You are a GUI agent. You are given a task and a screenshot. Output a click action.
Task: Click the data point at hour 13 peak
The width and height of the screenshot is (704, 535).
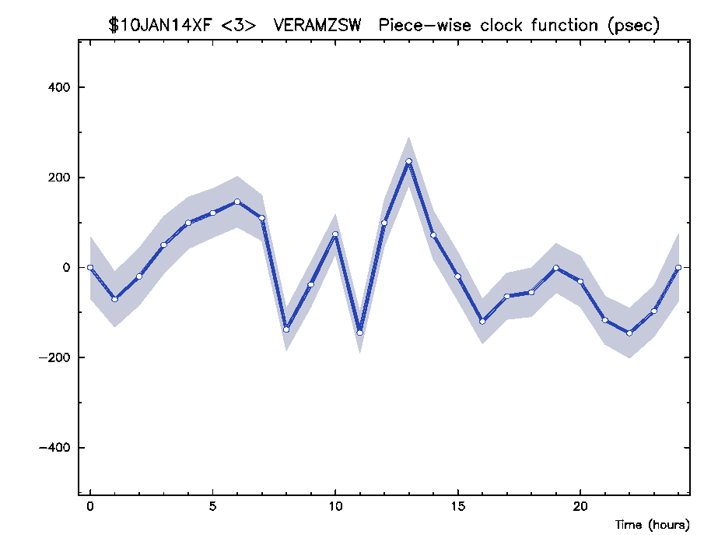coord(408,161)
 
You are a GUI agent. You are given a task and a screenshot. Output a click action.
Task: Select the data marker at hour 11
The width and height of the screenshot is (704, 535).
coord(359,333)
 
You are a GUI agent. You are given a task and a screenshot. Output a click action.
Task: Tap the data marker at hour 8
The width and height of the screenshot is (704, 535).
coord(286,329)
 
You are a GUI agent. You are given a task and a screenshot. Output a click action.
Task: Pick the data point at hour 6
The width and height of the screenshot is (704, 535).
coord(237,202)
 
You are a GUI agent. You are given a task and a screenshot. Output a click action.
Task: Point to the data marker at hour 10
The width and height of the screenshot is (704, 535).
coord(335,234)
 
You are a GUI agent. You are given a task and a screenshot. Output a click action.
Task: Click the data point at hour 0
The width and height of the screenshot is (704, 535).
coord(90,267)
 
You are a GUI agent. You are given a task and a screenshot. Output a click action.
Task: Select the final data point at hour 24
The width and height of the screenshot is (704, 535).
coord(678,267)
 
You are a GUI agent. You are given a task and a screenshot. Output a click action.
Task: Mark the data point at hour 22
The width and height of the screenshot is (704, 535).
coord(629,333)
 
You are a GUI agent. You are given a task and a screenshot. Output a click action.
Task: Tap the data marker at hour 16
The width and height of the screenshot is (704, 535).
coord(482,321)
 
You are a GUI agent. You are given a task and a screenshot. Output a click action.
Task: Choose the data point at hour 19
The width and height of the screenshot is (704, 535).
coord(556,267)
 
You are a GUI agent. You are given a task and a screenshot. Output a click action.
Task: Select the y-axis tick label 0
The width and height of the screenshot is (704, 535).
coord(65,267)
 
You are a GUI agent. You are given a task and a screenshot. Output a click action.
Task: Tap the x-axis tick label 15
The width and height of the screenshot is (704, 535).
coord(457,505)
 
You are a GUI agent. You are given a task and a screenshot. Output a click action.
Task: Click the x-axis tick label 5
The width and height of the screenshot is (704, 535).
coord(212,505)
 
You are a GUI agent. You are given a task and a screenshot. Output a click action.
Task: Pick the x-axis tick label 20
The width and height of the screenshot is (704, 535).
coord(580,505)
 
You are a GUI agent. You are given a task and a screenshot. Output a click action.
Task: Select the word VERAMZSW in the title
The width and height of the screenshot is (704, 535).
coord(317,25)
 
